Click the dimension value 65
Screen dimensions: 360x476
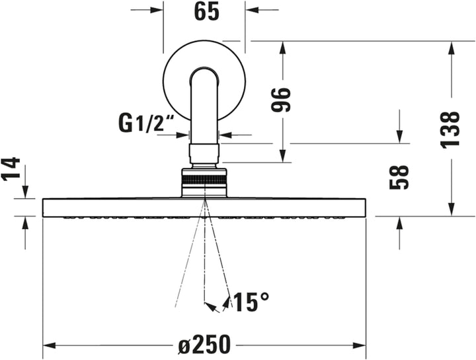coord(206,13)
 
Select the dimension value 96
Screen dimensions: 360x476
coord(282,100)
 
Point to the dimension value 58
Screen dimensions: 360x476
coord(399,178)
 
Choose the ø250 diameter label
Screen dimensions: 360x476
coord(204,345)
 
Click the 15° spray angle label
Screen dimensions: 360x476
coord(251,303)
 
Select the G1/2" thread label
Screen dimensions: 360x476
coord(145,122)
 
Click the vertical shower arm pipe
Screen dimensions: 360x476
coord(204,106)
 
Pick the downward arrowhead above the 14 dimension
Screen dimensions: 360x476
coord(25,192)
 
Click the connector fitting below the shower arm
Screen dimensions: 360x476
coord(204,153)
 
